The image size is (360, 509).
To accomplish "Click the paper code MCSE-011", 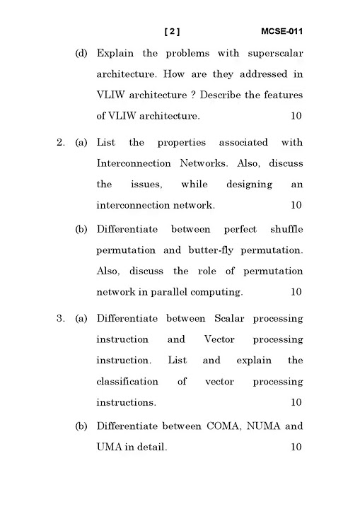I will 282,32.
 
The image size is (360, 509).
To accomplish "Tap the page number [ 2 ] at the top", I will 172,32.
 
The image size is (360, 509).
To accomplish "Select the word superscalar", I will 275,53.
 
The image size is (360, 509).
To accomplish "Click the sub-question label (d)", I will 81,53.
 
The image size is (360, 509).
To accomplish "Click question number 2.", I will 60,143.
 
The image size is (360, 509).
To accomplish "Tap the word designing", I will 249,185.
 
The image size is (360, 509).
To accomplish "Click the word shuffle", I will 286,230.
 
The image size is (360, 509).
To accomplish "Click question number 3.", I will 60,319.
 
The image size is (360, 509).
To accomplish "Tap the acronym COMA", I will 225,426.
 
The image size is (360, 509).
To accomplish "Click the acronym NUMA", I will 265,426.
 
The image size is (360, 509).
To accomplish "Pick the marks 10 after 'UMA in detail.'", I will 296,447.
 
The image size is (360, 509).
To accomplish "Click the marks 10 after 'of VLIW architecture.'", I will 296,115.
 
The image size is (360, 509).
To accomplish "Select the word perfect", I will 240,230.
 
